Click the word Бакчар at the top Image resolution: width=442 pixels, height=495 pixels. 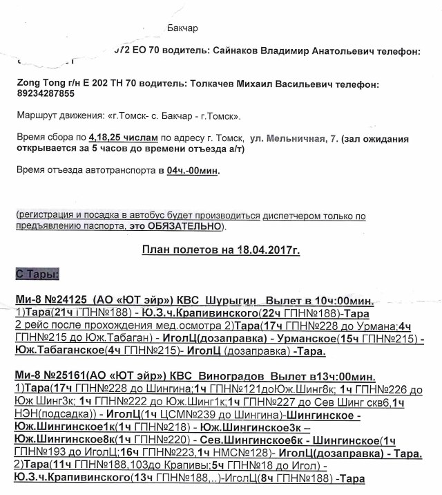(182, 28)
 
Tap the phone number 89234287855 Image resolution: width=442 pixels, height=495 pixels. (46, 93)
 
